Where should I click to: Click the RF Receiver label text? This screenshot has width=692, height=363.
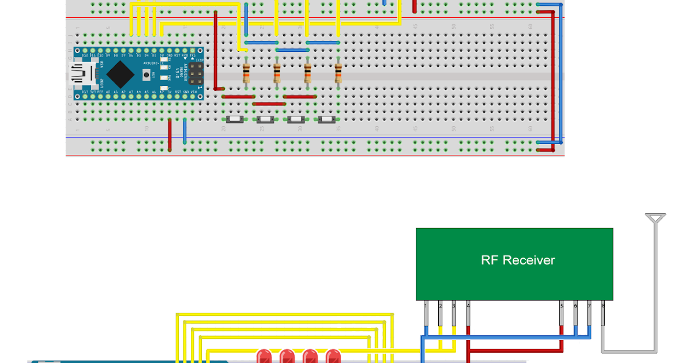[x=517, y=260]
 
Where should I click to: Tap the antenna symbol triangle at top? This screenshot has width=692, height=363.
[x=656, y=218]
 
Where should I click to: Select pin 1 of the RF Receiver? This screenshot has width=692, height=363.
[x=426, y=314]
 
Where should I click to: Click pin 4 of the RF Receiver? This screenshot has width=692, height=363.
[x=468, y=314]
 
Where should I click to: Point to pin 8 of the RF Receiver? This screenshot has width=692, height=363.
[x=603, y=314]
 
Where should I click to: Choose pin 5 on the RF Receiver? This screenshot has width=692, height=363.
[x=561, y=314]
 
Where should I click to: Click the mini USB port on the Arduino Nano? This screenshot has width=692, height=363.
[x=79, y=73]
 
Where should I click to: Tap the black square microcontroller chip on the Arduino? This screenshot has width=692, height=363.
[x=120, y=73]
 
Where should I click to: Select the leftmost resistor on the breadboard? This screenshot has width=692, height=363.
[x=246, y=73]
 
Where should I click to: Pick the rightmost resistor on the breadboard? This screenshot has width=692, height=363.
[x=338, y=73]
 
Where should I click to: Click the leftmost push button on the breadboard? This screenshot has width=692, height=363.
[x=235, y=119]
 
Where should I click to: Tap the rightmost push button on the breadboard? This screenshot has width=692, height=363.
[x=327, y=119]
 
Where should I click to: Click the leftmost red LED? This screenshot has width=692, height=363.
[x=264, y=356]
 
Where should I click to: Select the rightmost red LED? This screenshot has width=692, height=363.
[x=333, y=356]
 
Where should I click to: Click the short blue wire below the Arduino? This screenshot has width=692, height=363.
[x=185, y=131]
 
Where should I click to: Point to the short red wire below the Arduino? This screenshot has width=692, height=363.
[x=170, y=135]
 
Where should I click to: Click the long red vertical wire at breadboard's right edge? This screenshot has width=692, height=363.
[x=554, y=81]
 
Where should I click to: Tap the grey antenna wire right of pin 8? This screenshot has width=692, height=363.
[x=656, y=288]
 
